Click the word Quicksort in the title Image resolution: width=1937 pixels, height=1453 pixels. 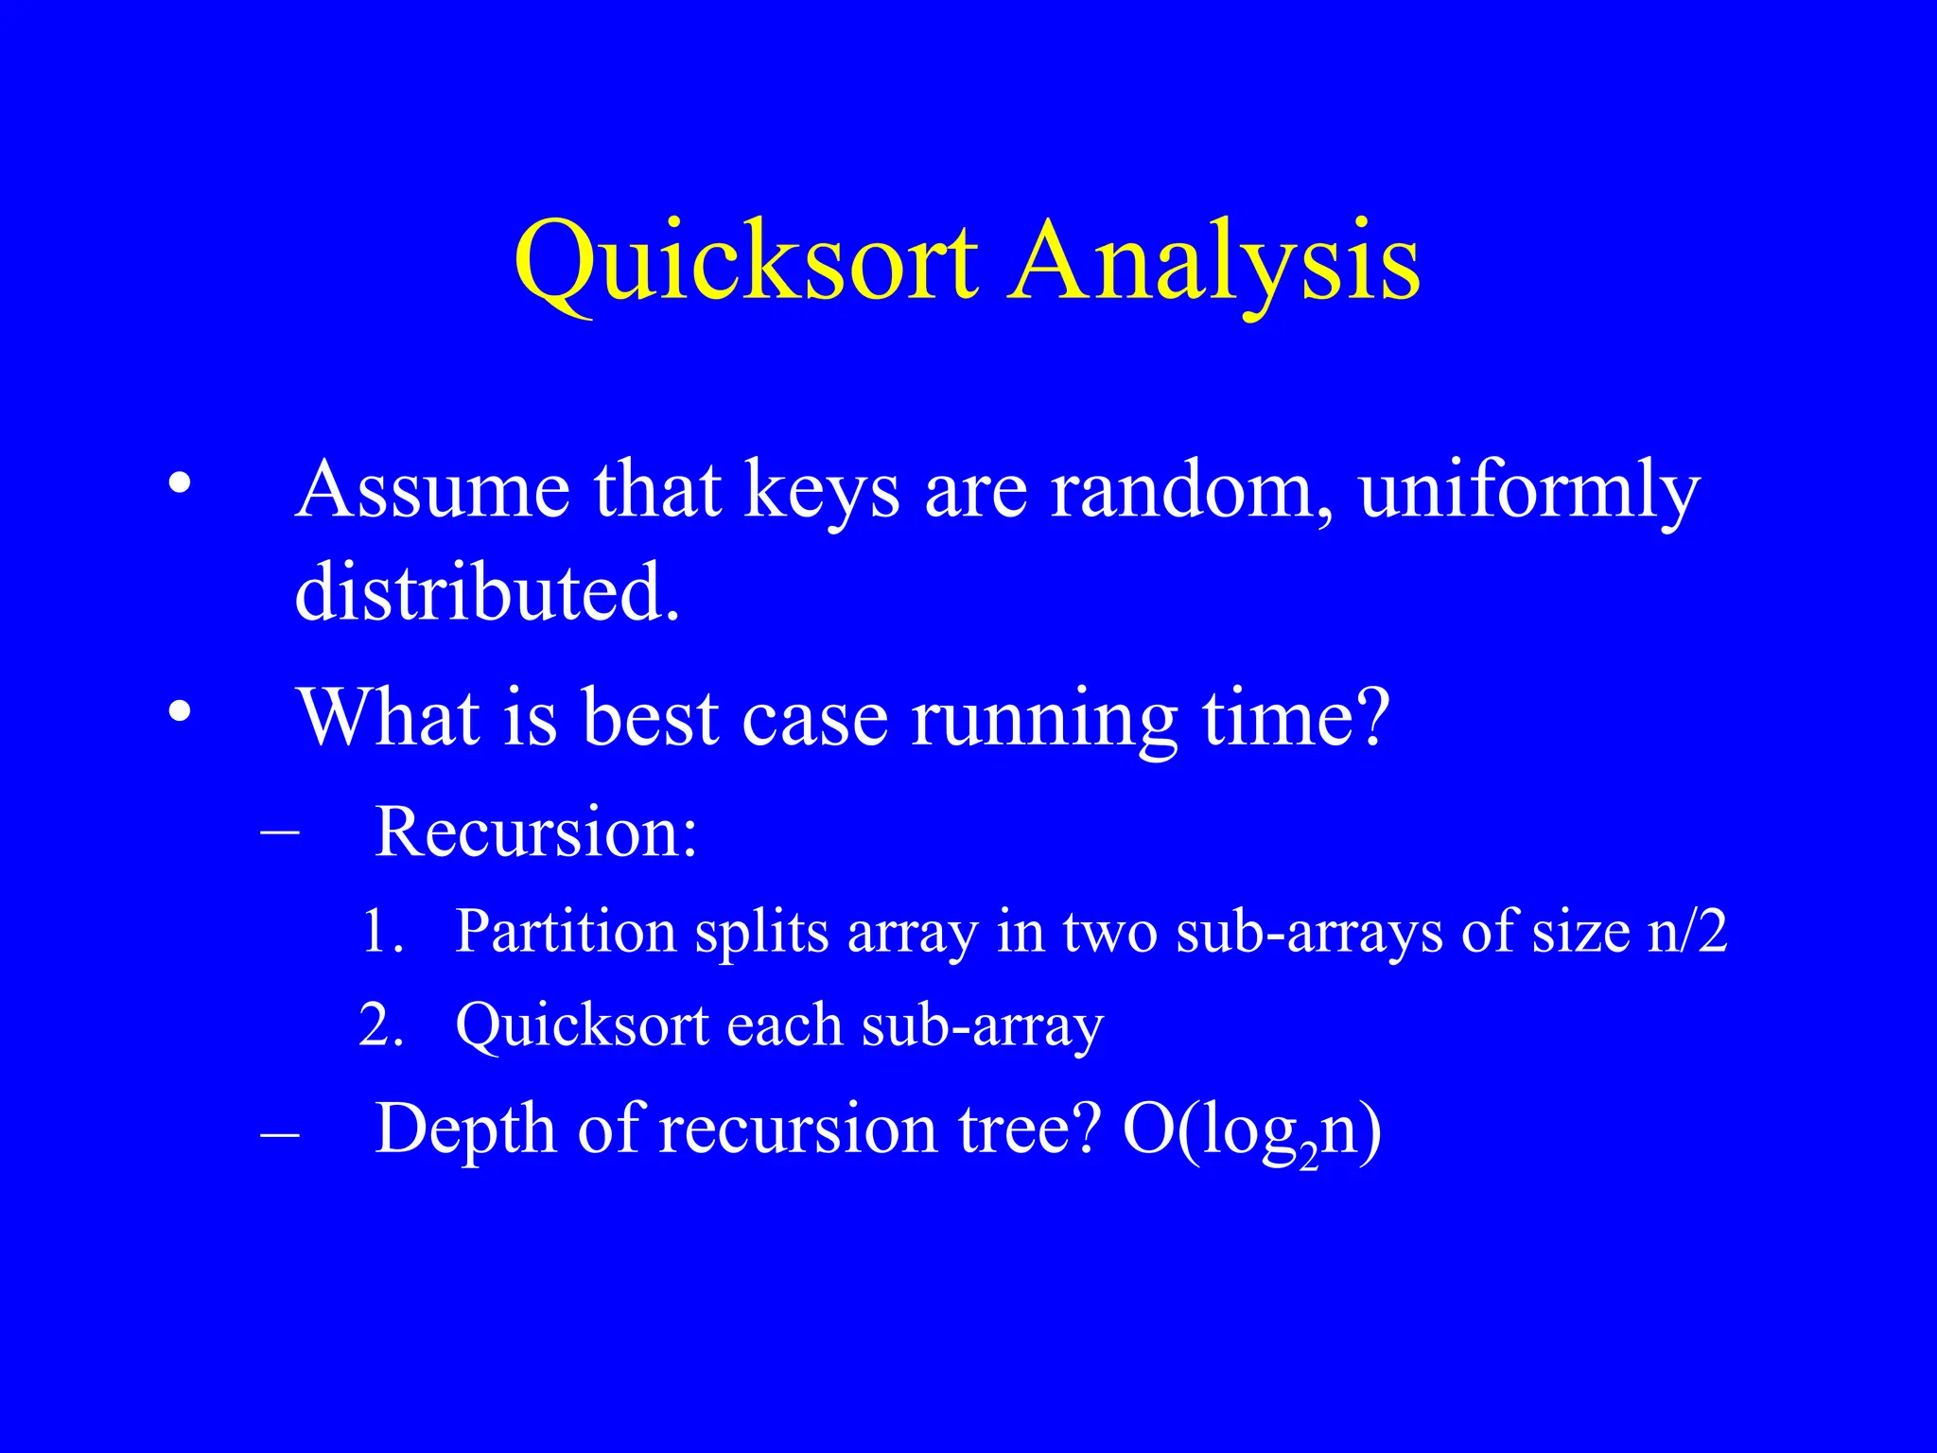[745, 260]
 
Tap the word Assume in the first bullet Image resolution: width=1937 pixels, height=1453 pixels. [432, 490]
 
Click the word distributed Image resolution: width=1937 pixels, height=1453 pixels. [487, 592]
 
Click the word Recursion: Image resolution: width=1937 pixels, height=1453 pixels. [535, 832]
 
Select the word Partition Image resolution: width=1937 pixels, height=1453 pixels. [565, 932]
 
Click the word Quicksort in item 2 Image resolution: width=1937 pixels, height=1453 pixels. [582, 1025]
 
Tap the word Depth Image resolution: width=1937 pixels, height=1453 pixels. [464, 1129]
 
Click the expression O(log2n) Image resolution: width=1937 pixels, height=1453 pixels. [1251, 1131]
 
